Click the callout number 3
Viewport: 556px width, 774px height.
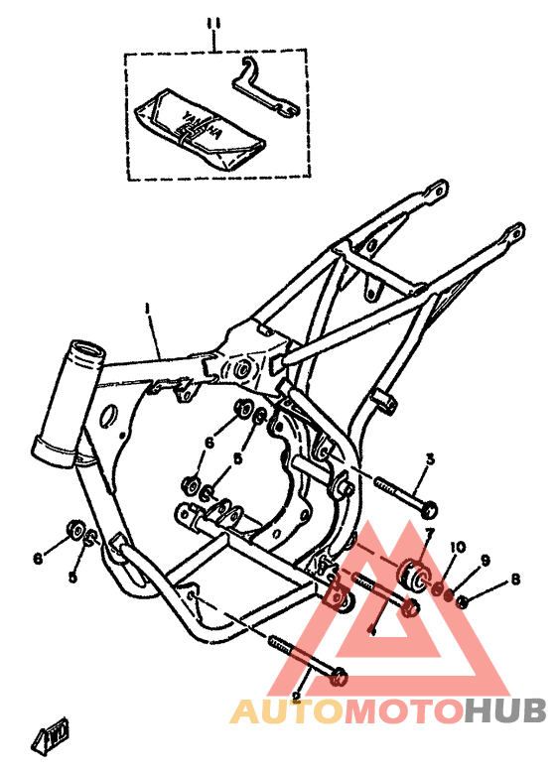point(430,459)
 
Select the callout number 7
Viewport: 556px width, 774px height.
point(428,533)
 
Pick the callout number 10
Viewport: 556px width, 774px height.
point(458,547)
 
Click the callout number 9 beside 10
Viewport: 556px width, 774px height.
point(486,560)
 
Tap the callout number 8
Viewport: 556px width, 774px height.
point(515,579)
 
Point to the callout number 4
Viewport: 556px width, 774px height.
point(371,629)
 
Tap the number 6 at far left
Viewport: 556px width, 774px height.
point(37,559)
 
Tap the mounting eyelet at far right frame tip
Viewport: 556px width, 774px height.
point(511,233)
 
